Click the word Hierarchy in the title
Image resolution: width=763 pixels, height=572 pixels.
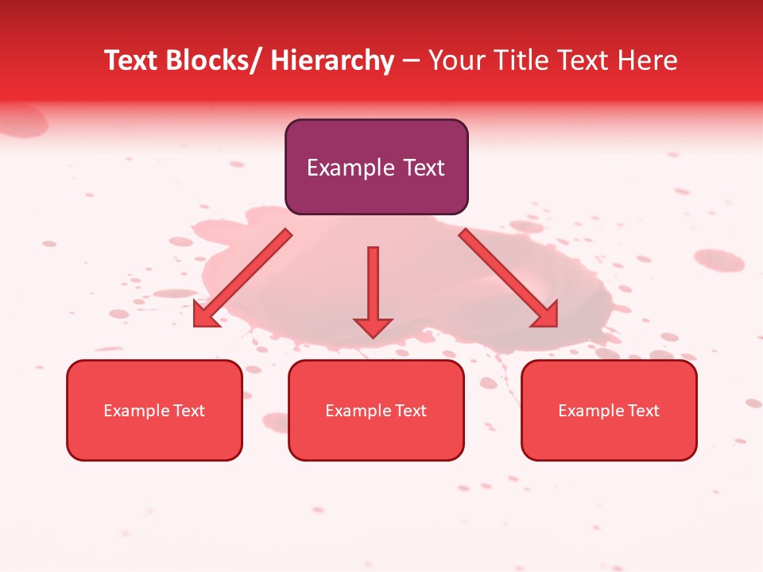(331, 60)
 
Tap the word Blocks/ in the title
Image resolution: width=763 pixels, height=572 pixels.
(213, 60)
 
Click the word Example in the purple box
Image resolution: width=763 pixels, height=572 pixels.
(350, 168)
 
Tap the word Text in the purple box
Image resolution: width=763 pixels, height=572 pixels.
(421, 168)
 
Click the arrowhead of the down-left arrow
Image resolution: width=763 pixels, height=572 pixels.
(206, 315)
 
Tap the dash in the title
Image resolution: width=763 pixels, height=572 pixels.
(410, 60)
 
